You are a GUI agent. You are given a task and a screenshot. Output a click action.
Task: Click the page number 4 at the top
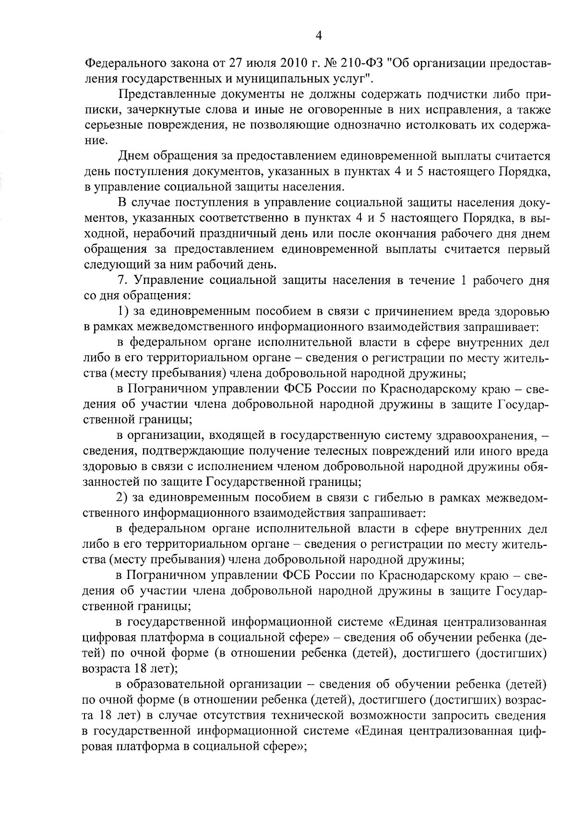point(318,36)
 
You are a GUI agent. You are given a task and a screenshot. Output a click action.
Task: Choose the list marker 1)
point(122,312)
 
